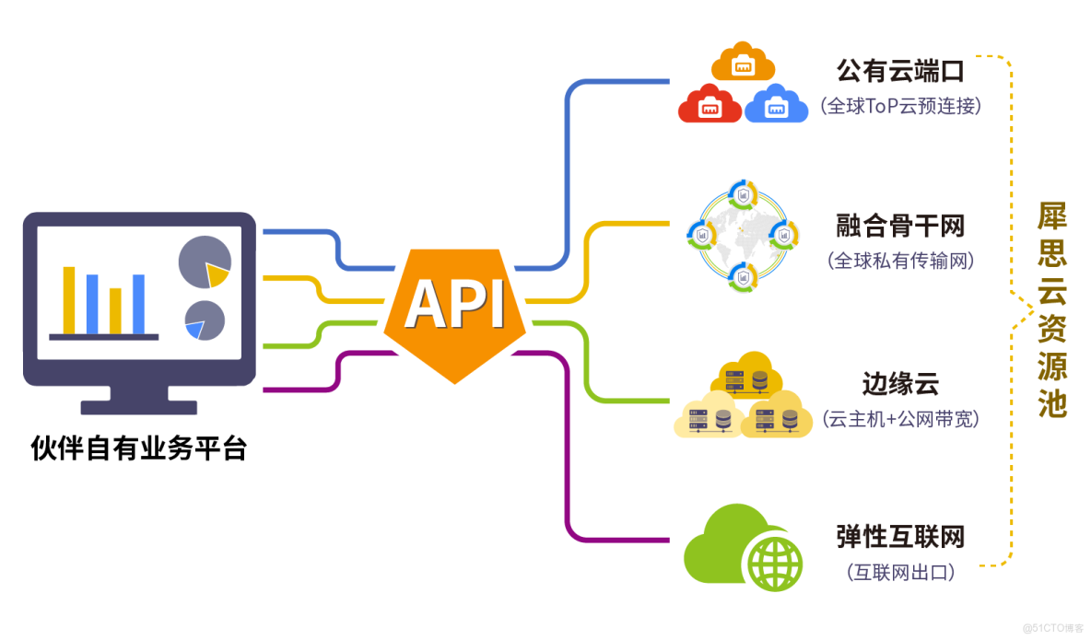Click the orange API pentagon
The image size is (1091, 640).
coord(454,308)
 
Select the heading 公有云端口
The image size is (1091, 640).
coord(899,71)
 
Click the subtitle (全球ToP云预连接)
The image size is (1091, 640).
coord(899,106)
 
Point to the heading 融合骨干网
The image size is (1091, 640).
coord(899,226)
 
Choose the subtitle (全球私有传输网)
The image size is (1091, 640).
coord(899,261)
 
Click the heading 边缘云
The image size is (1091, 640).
coord(899,382)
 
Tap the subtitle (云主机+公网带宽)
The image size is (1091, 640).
coord(899,419)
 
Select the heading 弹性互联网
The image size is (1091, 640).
coord(899,536)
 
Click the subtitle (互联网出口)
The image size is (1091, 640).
coord(899,572)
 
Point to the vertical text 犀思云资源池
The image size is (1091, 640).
coord(1051,310)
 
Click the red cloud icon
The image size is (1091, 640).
coord(710,105)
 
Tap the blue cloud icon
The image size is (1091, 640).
coord(777,105)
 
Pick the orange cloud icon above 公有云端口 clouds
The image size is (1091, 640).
coord(743,62)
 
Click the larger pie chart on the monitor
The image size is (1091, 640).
coord(204,262)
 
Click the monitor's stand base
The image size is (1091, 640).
coord(138,406)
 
